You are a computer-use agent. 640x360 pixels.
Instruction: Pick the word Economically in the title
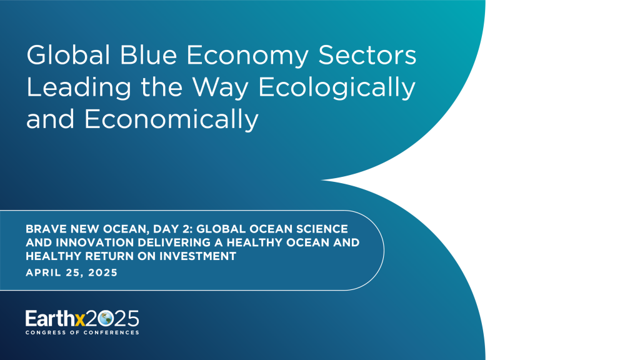[x=171, y=119]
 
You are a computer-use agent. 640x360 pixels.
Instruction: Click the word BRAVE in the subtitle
[x=44, y=229]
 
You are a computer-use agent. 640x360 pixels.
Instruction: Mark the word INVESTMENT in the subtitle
[x=199, y=256]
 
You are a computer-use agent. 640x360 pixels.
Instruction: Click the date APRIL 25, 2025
[x=71, y=273]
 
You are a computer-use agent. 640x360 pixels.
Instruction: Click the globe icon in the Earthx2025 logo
[x=104, y=319]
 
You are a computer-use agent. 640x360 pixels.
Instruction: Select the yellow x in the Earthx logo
[x=79, y=319]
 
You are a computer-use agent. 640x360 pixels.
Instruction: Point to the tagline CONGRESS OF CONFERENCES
[x=82, y=332]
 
